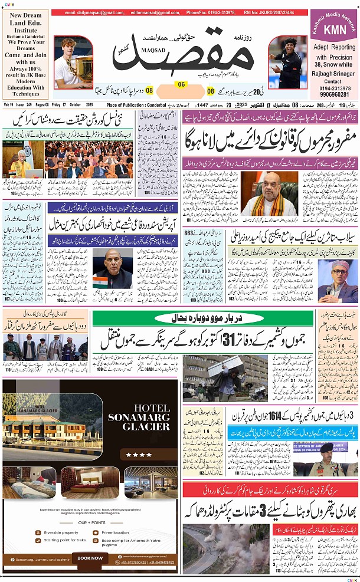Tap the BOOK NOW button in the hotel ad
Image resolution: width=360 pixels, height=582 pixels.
click(x=90, y=558)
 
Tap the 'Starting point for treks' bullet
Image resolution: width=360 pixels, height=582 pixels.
click(x=65, y=540)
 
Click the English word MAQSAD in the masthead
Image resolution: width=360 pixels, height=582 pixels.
click(x=155, y=41)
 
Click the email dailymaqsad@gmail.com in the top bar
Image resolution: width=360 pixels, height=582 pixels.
click(x=89, y=12)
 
